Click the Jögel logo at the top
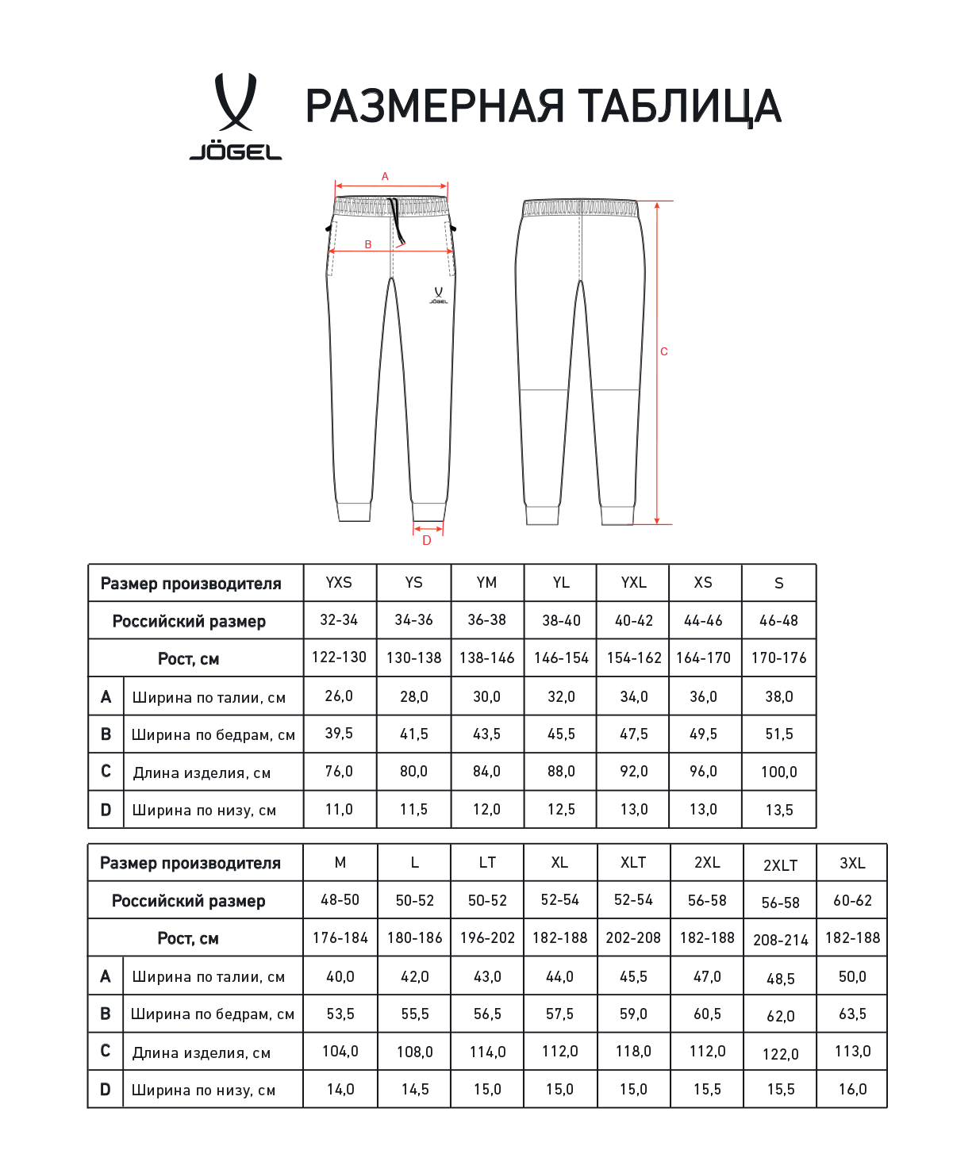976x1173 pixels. coord(236,116)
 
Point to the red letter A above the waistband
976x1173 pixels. coord(385,177)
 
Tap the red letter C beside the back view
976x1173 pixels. coord(664,351)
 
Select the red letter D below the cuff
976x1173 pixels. coord(427,541)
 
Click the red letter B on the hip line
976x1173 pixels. coord(368,244)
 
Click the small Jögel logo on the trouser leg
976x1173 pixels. coord(438,295)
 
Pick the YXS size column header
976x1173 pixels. coord(339,583)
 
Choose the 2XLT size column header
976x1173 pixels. coord(780,865)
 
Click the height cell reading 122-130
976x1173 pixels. coord(339,657)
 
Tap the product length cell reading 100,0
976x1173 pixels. coord(778,772)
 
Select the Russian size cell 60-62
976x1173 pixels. coord(852,901)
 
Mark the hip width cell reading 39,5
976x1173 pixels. coord(339,734)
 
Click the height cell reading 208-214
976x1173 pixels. coord(780,940)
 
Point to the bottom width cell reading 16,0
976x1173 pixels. coord(852,1089)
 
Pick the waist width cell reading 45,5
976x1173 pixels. coord(633,977)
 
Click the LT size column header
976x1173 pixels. coord(487,863)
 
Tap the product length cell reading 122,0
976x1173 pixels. coord(780,1054)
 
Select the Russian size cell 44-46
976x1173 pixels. coord(703,620)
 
